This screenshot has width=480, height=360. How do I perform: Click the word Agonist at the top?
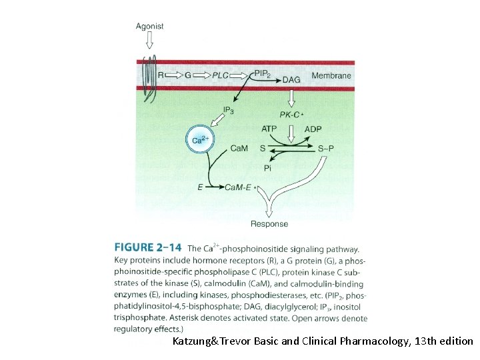click(x=149, y=27)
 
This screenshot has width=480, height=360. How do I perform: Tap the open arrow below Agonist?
click(x=149, y=42)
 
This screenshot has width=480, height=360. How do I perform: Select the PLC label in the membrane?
click(x=219, y=75)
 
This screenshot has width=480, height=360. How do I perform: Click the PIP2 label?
click(x=263, y=74)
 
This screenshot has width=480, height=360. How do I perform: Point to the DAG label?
click(x=291, y=80)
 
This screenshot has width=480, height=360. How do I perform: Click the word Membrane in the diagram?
click(x=331, y=75)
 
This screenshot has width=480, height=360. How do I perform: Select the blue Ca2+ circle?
click(x=201, y=139)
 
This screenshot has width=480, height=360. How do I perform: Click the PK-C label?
click(x=291, y=115)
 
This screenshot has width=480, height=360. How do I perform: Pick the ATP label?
click(x=270, y=128)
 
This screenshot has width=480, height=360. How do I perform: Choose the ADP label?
click(x=313, y=128)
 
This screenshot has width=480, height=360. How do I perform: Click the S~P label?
click(x=326, y=148)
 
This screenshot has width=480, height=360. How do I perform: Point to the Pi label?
click(x=267, y=169)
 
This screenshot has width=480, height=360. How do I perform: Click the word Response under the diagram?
click(x=269, y=224)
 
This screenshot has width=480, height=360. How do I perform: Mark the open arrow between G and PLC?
click(x=202, y=75)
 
